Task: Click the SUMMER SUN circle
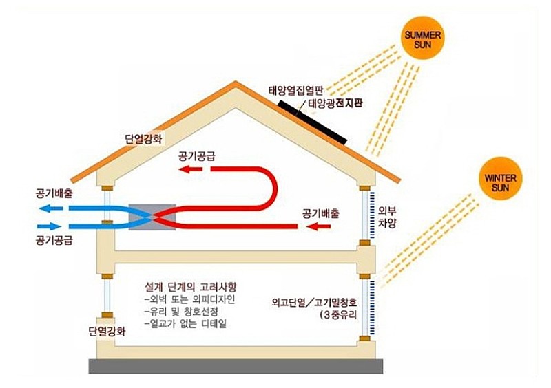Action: [422, 40]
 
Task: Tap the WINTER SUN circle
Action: [500, 179]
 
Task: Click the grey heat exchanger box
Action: [152, 217]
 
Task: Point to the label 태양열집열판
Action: [295, 91]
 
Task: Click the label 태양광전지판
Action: [335, 103]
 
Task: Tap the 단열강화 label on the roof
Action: [144, 139]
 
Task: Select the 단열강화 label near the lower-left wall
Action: [107, 332]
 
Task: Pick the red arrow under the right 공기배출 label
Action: [318, 227]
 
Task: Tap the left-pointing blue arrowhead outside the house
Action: [50, 208]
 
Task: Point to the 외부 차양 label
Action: [387, 217]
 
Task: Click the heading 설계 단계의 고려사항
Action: [191, 286]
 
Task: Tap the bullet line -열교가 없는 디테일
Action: [185, 323]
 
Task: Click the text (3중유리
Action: [338, 314]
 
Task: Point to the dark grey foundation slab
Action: [236, 366]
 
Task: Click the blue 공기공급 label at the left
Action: [54, 241]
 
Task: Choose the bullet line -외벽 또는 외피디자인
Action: [189, 299]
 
